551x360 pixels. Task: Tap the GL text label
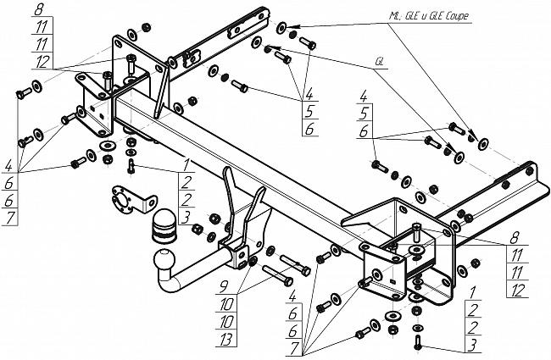point(378,62)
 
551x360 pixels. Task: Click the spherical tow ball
point(164,258)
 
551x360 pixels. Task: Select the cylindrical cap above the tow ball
point(163,225)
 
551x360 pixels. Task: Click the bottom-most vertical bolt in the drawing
point(417,341)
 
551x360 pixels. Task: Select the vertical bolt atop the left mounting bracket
point(129,63)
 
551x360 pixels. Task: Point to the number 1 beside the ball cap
point(185,163)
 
